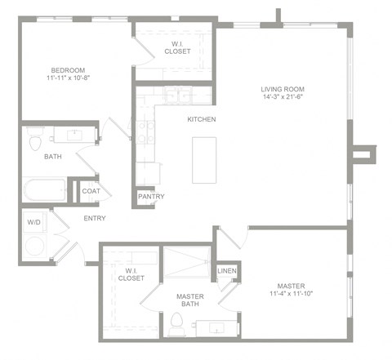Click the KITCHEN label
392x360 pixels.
(202, 120)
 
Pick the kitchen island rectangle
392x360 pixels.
(204, 160)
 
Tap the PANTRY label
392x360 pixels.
(151, 196)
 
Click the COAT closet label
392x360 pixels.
(91, 191)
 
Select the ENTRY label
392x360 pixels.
(95, 218)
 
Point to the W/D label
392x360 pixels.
(34, 221)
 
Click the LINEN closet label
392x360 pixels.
(226, 272)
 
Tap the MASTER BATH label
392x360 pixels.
(190, 300)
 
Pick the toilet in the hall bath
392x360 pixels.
(34, 144)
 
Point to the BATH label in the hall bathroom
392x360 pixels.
(52, 156)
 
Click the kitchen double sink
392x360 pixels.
(176, 96)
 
